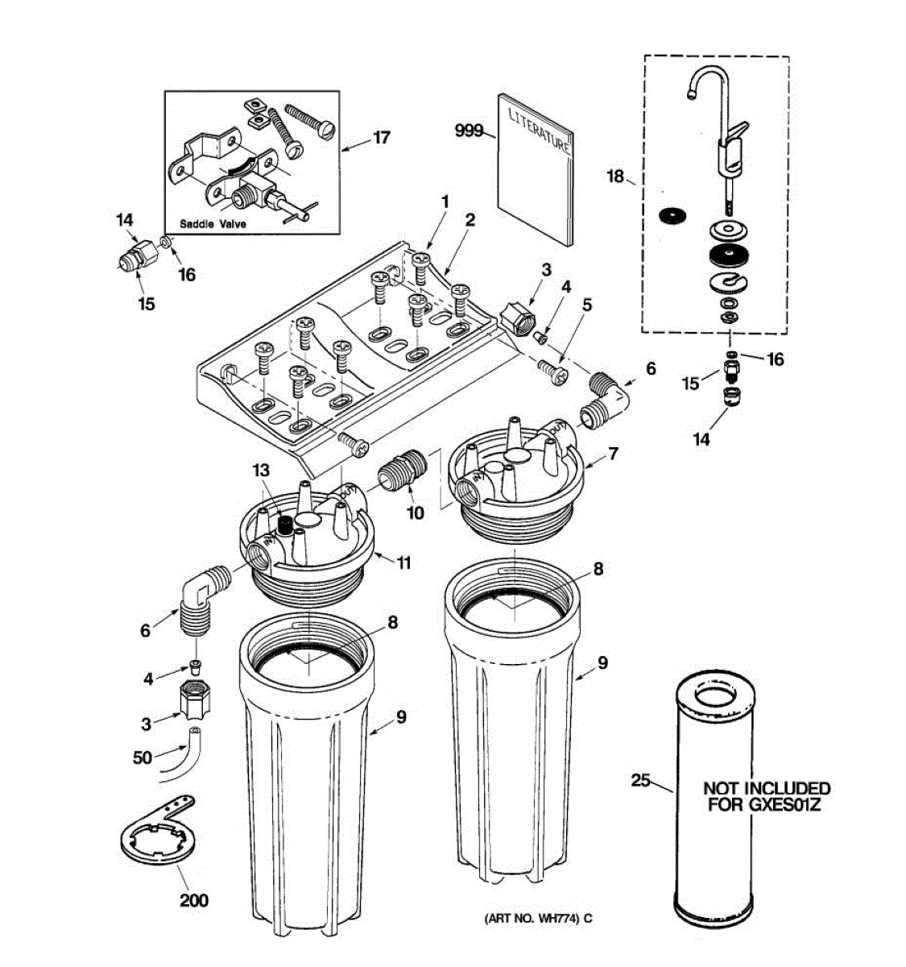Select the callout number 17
point(381,138)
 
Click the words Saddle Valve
point(213,224)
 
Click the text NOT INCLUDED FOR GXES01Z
point(766,796)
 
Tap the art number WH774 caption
point(538,918)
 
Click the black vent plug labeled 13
point(283,525)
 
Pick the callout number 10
point(415,513)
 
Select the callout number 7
point(613,454)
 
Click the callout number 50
point(142,757)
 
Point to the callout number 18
point(615,176)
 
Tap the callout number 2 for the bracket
point(470,219)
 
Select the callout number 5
point(586,305)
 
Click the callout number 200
point(193,899)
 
